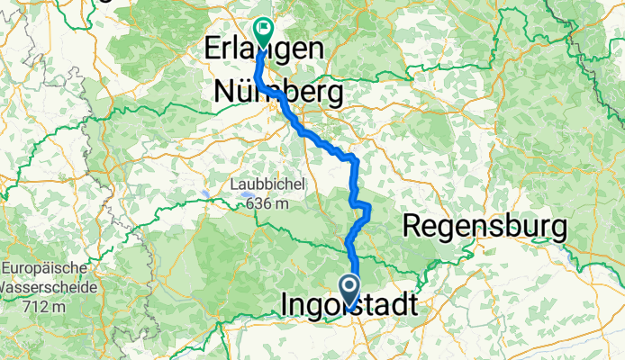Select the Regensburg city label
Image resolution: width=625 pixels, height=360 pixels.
tap(485, 226)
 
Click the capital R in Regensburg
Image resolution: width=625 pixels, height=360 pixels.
tap(412, 226)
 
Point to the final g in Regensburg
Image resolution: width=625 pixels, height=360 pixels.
tap(558, 229)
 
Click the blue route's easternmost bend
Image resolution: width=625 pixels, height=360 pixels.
tap(368, 210)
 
